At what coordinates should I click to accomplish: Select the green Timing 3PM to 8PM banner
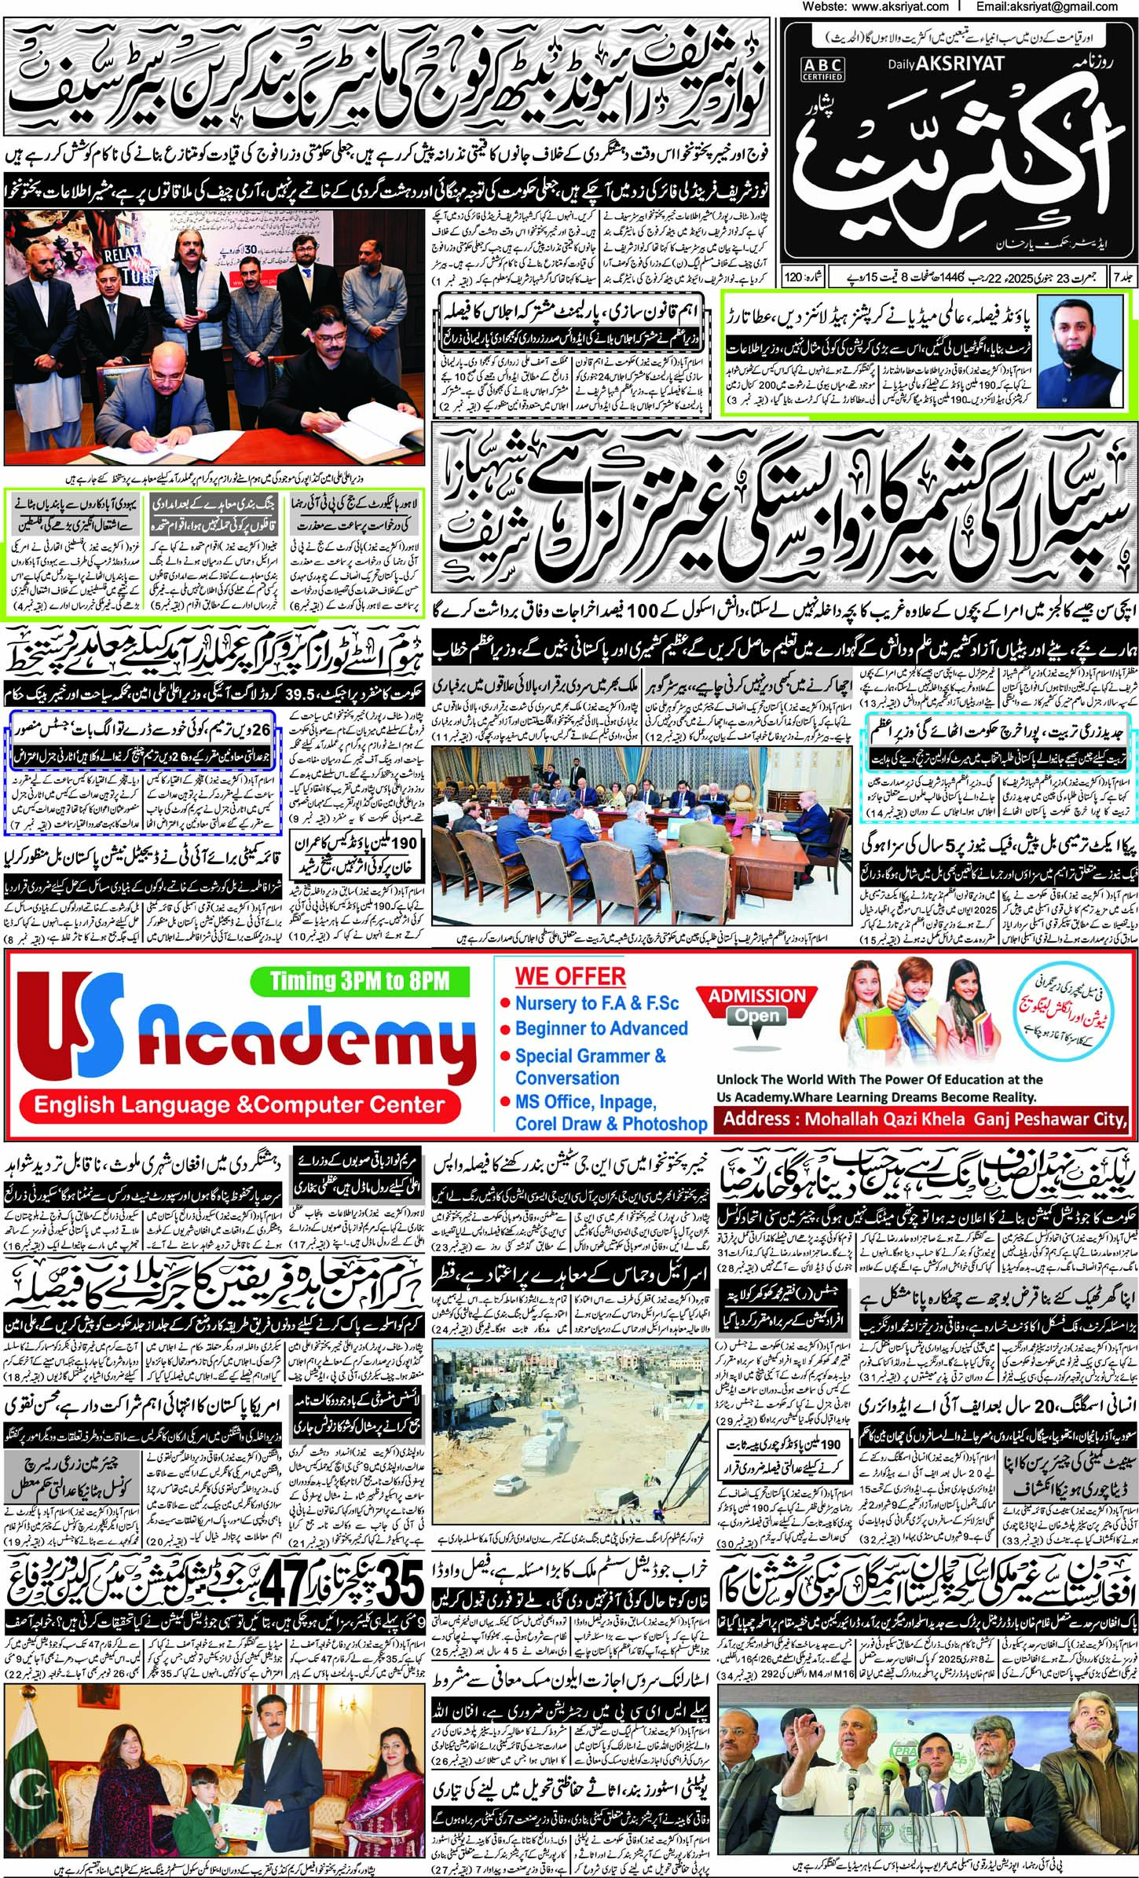point(360,979)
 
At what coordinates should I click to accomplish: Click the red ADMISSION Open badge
point(756,1005)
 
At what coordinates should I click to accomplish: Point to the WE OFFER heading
point(570,976)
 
